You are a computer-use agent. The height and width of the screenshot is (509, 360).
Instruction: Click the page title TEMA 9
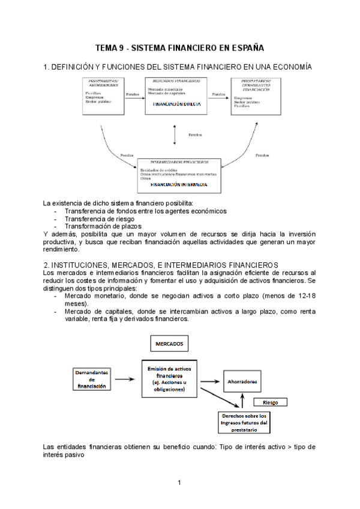[180, 47]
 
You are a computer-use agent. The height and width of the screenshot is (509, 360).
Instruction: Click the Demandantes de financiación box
[92, 379]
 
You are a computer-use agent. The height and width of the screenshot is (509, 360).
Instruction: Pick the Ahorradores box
[242, 381]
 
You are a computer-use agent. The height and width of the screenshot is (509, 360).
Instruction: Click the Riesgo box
[270, 402]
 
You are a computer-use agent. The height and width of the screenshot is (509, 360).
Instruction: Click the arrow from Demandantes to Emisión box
[124, 379]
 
